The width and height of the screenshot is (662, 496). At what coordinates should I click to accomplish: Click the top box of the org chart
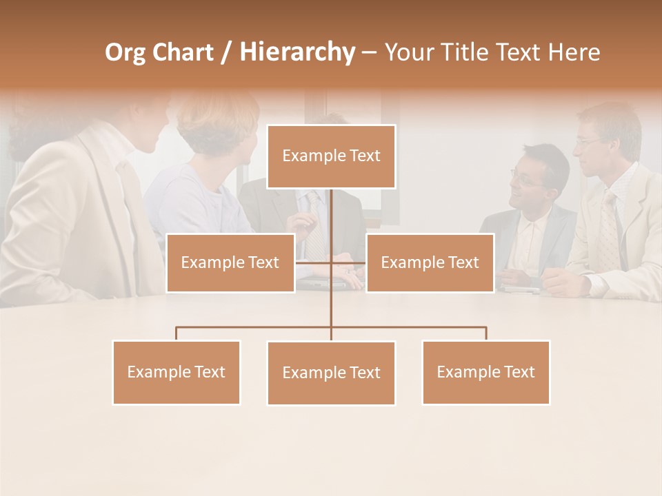pyautogui.click(x=331, y=156)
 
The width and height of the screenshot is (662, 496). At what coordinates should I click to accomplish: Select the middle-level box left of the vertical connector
pyautogui.click(x=230, y=262)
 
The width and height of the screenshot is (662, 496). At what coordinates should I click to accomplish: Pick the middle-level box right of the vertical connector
pyautogui.click(x=430, y=262)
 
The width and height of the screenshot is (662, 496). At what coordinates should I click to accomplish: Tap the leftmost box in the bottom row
pyautogui.click(x=176, y=372)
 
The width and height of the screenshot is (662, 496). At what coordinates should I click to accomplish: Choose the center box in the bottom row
pyautogui.click(x=331, y=373)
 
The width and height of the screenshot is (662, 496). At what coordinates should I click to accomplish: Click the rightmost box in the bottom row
pyautogui.click(x=485, y=372)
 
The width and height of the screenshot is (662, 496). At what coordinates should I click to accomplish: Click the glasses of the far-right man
pyautogui.click(x=590, y=141)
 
